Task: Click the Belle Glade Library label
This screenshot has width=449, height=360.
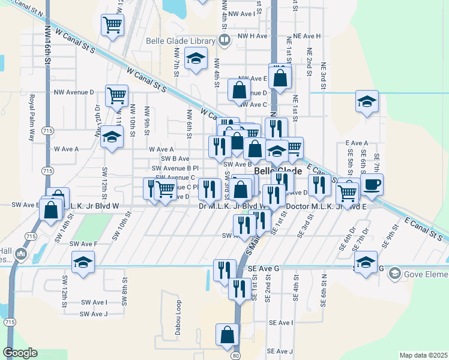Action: point(181,41)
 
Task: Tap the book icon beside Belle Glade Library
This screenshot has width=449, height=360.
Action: point(224,41)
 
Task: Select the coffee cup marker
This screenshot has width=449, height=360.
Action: point(372,184)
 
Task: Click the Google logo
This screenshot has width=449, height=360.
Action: point(20,353)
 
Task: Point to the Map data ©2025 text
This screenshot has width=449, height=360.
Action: point(423,355)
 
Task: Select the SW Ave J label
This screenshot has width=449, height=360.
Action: point(93,314)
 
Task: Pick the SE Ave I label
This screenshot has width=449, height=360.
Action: point(281,323)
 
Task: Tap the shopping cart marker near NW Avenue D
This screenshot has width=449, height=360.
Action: point(116,94)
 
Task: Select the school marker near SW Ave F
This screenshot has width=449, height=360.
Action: point(83,262)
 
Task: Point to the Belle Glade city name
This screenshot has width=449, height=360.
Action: point(278,171)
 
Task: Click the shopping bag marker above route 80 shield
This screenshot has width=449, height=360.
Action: point(227,335)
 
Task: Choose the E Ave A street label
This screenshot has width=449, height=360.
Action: point(357,143)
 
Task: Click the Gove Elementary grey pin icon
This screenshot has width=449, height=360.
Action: point(394,274)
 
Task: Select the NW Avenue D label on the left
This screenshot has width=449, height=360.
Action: point(74,92)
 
